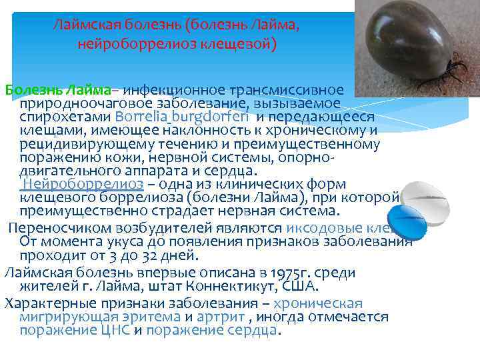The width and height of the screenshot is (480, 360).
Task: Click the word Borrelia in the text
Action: pos(142,117)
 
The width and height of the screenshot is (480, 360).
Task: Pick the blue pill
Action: pos(405,220)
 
